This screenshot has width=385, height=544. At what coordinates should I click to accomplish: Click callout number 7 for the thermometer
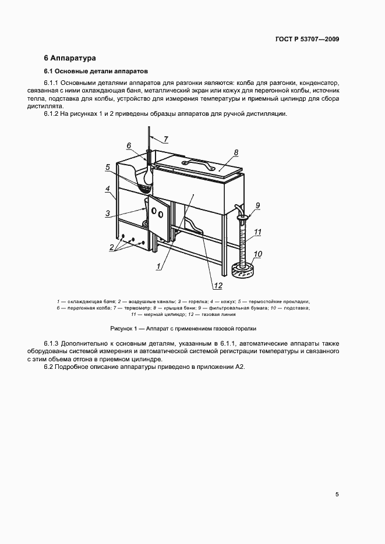click(165, 138)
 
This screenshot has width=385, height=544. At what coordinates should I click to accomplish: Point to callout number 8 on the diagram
click(236, 152)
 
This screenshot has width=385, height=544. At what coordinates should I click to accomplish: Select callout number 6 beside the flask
click(129, 145)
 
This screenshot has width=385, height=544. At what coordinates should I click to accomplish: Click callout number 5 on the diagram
click(108, 167)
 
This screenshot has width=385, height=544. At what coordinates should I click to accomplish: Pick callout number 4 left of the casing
click(108, 189)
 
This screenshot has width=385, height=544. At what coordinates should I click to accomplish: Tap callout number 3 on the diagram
click(108, 214)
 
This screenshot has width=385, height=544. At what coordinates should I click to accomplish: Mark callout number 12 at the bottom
click(218, 285)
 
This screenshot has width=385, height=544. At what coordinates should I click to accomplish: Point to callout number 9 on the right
click(257, 205)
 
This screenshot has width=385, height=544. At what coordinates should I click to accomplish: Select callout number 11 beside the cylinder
click(257, 232)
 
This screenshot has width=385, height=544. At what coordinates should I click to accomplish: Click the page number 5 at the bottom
click(337, 495)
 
